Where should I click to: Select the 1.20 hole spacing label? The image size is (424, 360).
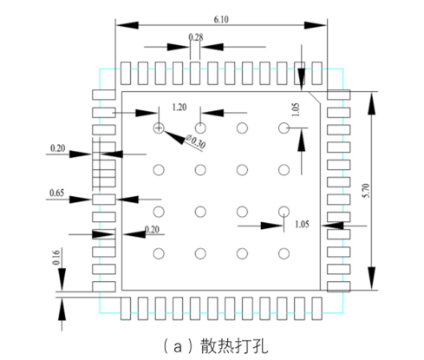179,107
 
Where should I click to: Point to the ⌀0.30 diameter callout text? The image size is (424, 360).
196,141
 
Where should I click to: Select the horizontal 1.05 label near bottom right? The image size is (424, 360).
302,224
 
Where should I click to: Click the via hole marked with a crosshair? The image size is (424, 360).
159,128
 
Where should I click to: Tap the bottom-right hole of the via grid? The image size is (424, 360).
284,253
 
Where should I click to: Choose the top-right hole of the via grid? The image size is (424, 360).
284,128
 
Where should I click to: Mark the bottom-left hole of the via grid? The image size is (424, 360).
159,253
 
